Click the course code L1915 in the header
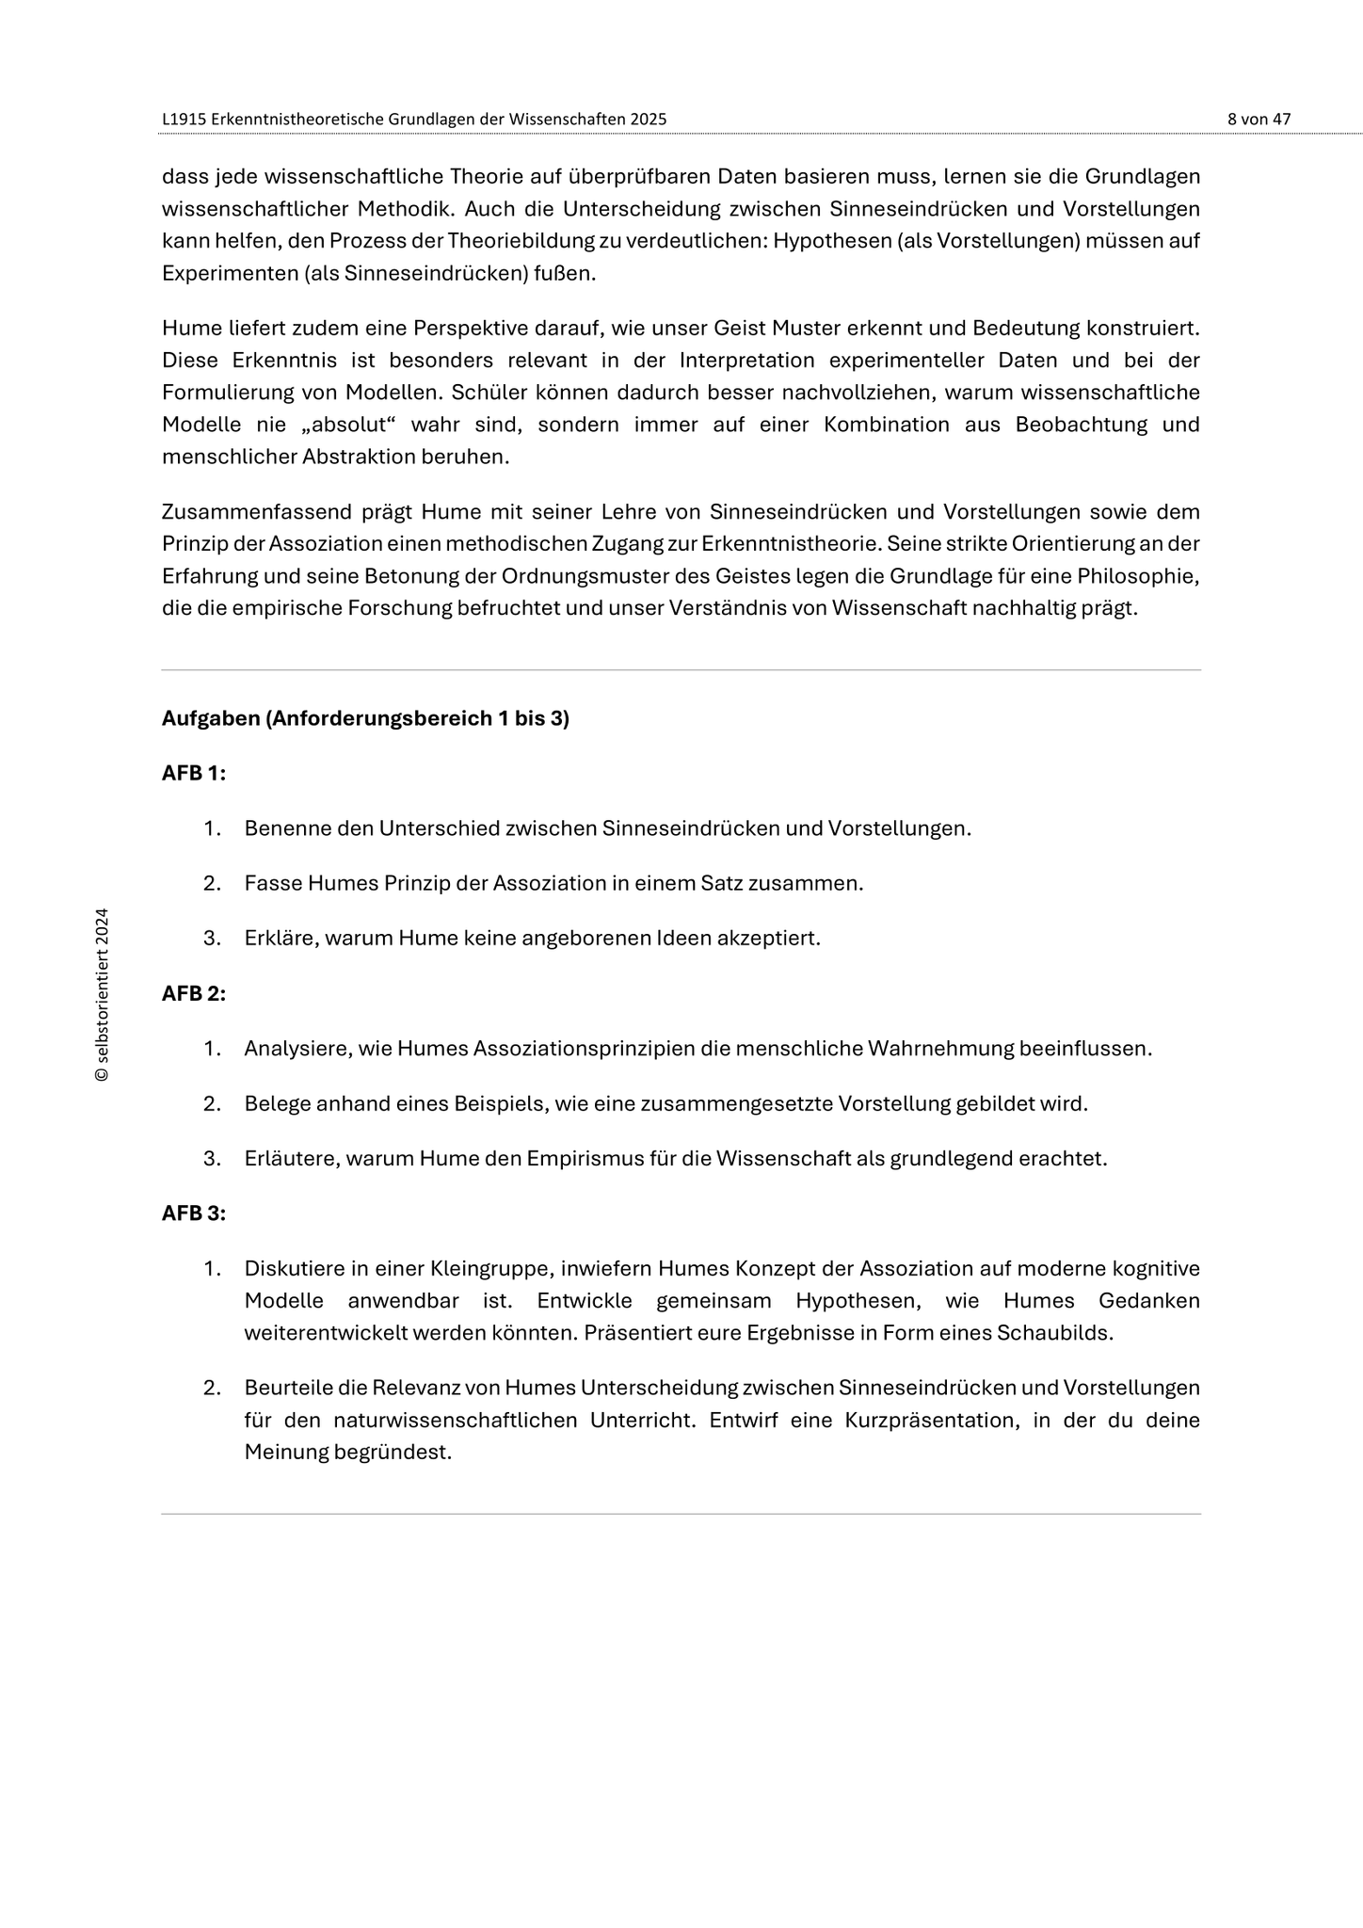coord(183,120)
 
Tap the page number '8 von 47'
coord(1259,120)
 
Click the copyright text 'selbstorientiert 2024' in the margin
coord(103,994)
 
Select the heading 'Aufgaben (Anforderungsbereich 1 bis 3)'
coord(365,718)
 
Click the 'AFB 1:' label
coord(194,773)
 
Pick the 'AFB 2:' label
coord(194,993)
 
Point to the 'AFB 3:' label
coord(194,1213)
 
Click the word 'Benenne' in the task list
coord(281,828)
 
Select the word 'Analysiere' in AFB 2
coord(295,1049)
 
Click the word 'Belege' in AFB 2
coord(278,1103)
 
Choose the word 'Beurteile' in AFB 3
coord(288,1388)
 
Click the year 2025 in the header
coord(648,120)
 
